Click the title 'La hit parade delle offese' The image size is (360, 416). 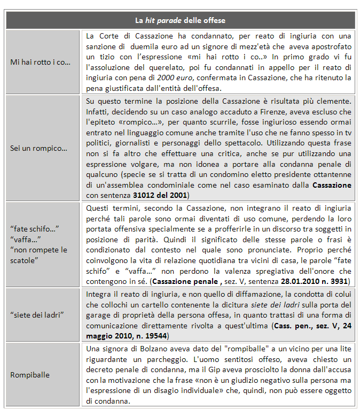[x=180, y=20]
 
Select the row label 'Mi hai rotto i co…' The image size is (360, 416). [x=40, y=62]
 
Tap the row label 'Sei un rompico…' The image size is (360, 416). [x=39, y=148]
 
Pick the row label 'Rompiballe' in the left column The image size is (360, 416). [x=30, y=374]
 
